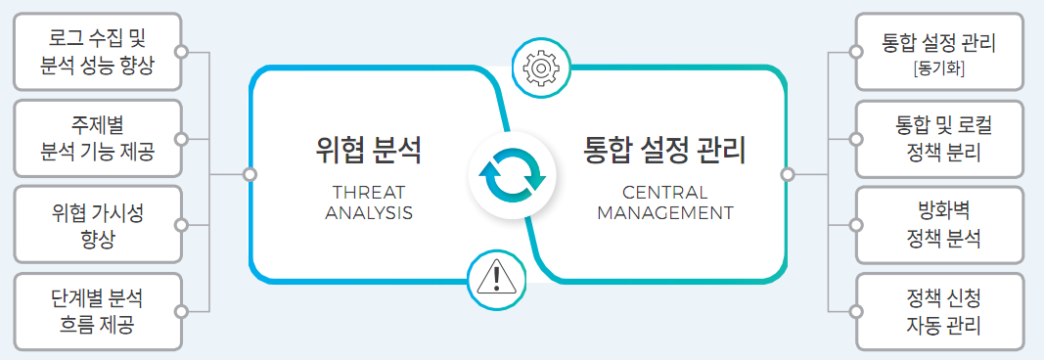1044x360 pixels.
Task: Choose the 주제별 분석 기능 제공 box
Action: click(x=98, y=139)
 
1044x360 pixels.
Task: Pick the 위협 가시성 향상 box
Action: click(x=98, y=225)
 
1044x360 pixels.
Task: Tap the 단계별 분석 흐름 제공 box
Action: click(x=98, y=310)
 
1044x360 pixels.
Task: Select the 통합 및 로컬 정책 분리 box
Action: click(x=938, y=139)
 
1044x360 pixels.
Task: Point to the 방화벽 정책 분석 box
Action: click(x=938, y=225)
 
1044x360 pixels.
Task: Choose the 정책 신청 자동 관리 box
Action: click(x=938, y=310)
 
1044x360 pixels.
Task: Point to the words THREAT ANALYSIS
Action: click(x=368, y=202)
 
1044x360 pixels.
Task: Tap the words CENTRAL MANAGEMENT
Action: click(x=664, y=202)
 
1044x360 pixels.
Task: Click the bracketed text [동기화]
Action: click(x=938, y=69)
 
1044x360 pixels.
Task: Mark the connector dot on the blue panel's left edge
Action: click(x=250, y=174)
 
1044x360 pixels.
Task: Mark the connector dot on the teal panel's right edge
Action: click(x=787, y=174)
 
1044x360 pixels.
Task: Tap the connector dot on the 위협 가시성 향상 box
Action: click(x=181, y=225)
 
